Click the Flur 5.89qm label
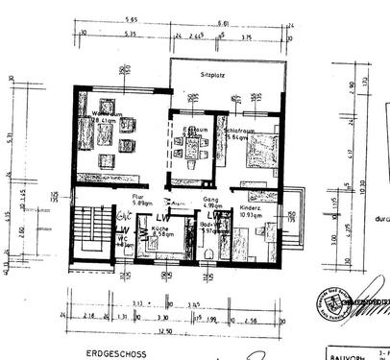pyautogui.click(x=111, y=203)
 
